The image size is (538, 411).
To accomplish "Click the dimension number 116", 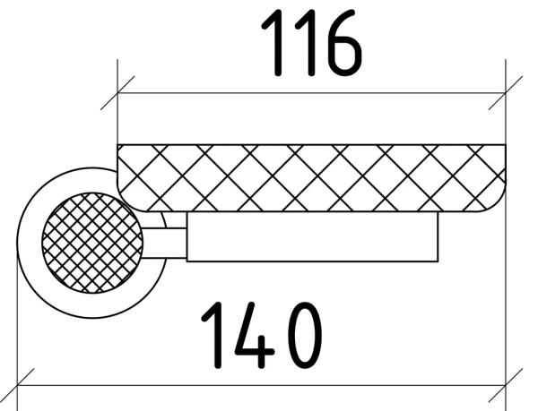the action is tap(311, 43).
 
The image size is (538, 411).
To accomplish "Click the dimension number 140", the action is tap(262, 335).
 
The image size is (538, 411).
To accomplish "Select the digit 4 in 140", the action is tap(254, 335).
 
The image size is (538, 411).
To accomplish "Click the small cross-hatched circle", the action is tap(92, 244).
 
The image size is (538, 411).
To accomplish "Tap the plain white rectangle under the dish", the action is tap(312, 237).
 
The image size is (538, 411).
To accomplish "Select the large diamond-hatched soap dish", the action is tap(311, 178).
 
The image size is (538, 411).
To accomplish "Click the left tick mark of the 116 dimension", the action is tap(117, 93).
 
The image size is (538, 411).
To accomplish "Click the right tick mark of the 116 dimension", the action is tap(506, 93).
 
